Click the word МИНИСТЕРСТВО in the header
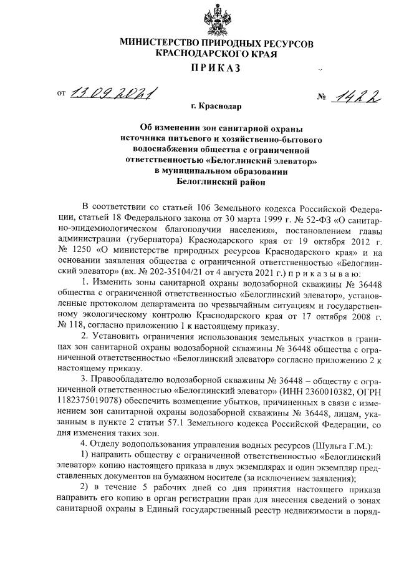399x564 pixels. click(x=154, y=44)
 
